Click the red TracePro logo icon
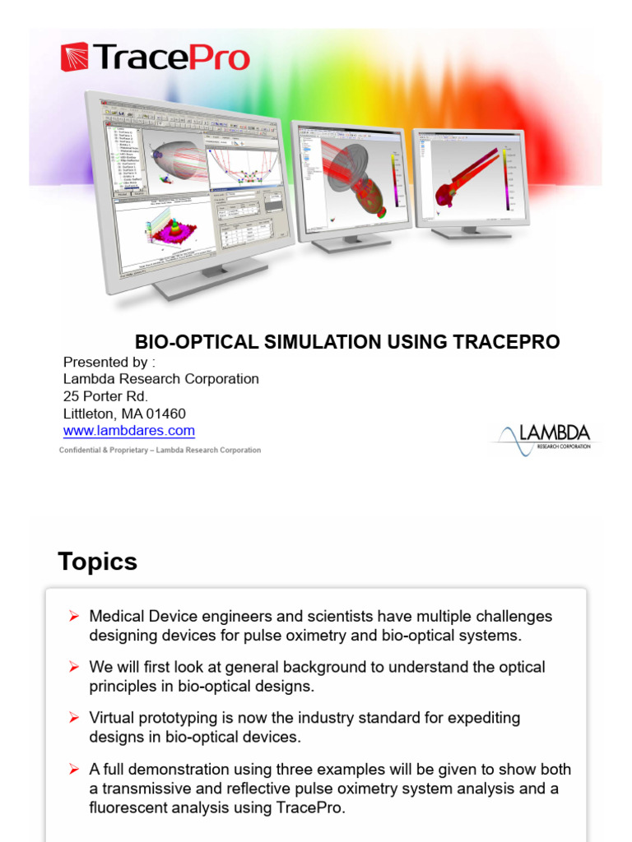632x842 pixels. click(x=75, y=58)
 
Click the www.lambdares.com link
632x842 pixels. click(x=129, y=431)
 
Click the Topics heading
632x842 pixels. click(x=97, y=562)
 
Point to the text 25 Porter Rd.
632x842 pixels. click(x=106, y=396)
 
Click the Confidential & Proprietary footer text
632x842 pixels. click(x=160, y=451)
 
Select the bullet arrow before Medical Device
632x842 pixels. click(x=74, y=617)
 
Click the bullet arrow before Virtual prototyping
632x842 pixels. click(x=74, y=719)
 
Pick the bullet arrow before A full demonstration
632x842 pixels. click(x=74, y=770)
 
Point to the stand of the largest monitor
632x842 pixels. click(x=210, y=280)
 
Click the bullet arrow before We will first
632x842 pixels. click(x=74, y=668)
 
